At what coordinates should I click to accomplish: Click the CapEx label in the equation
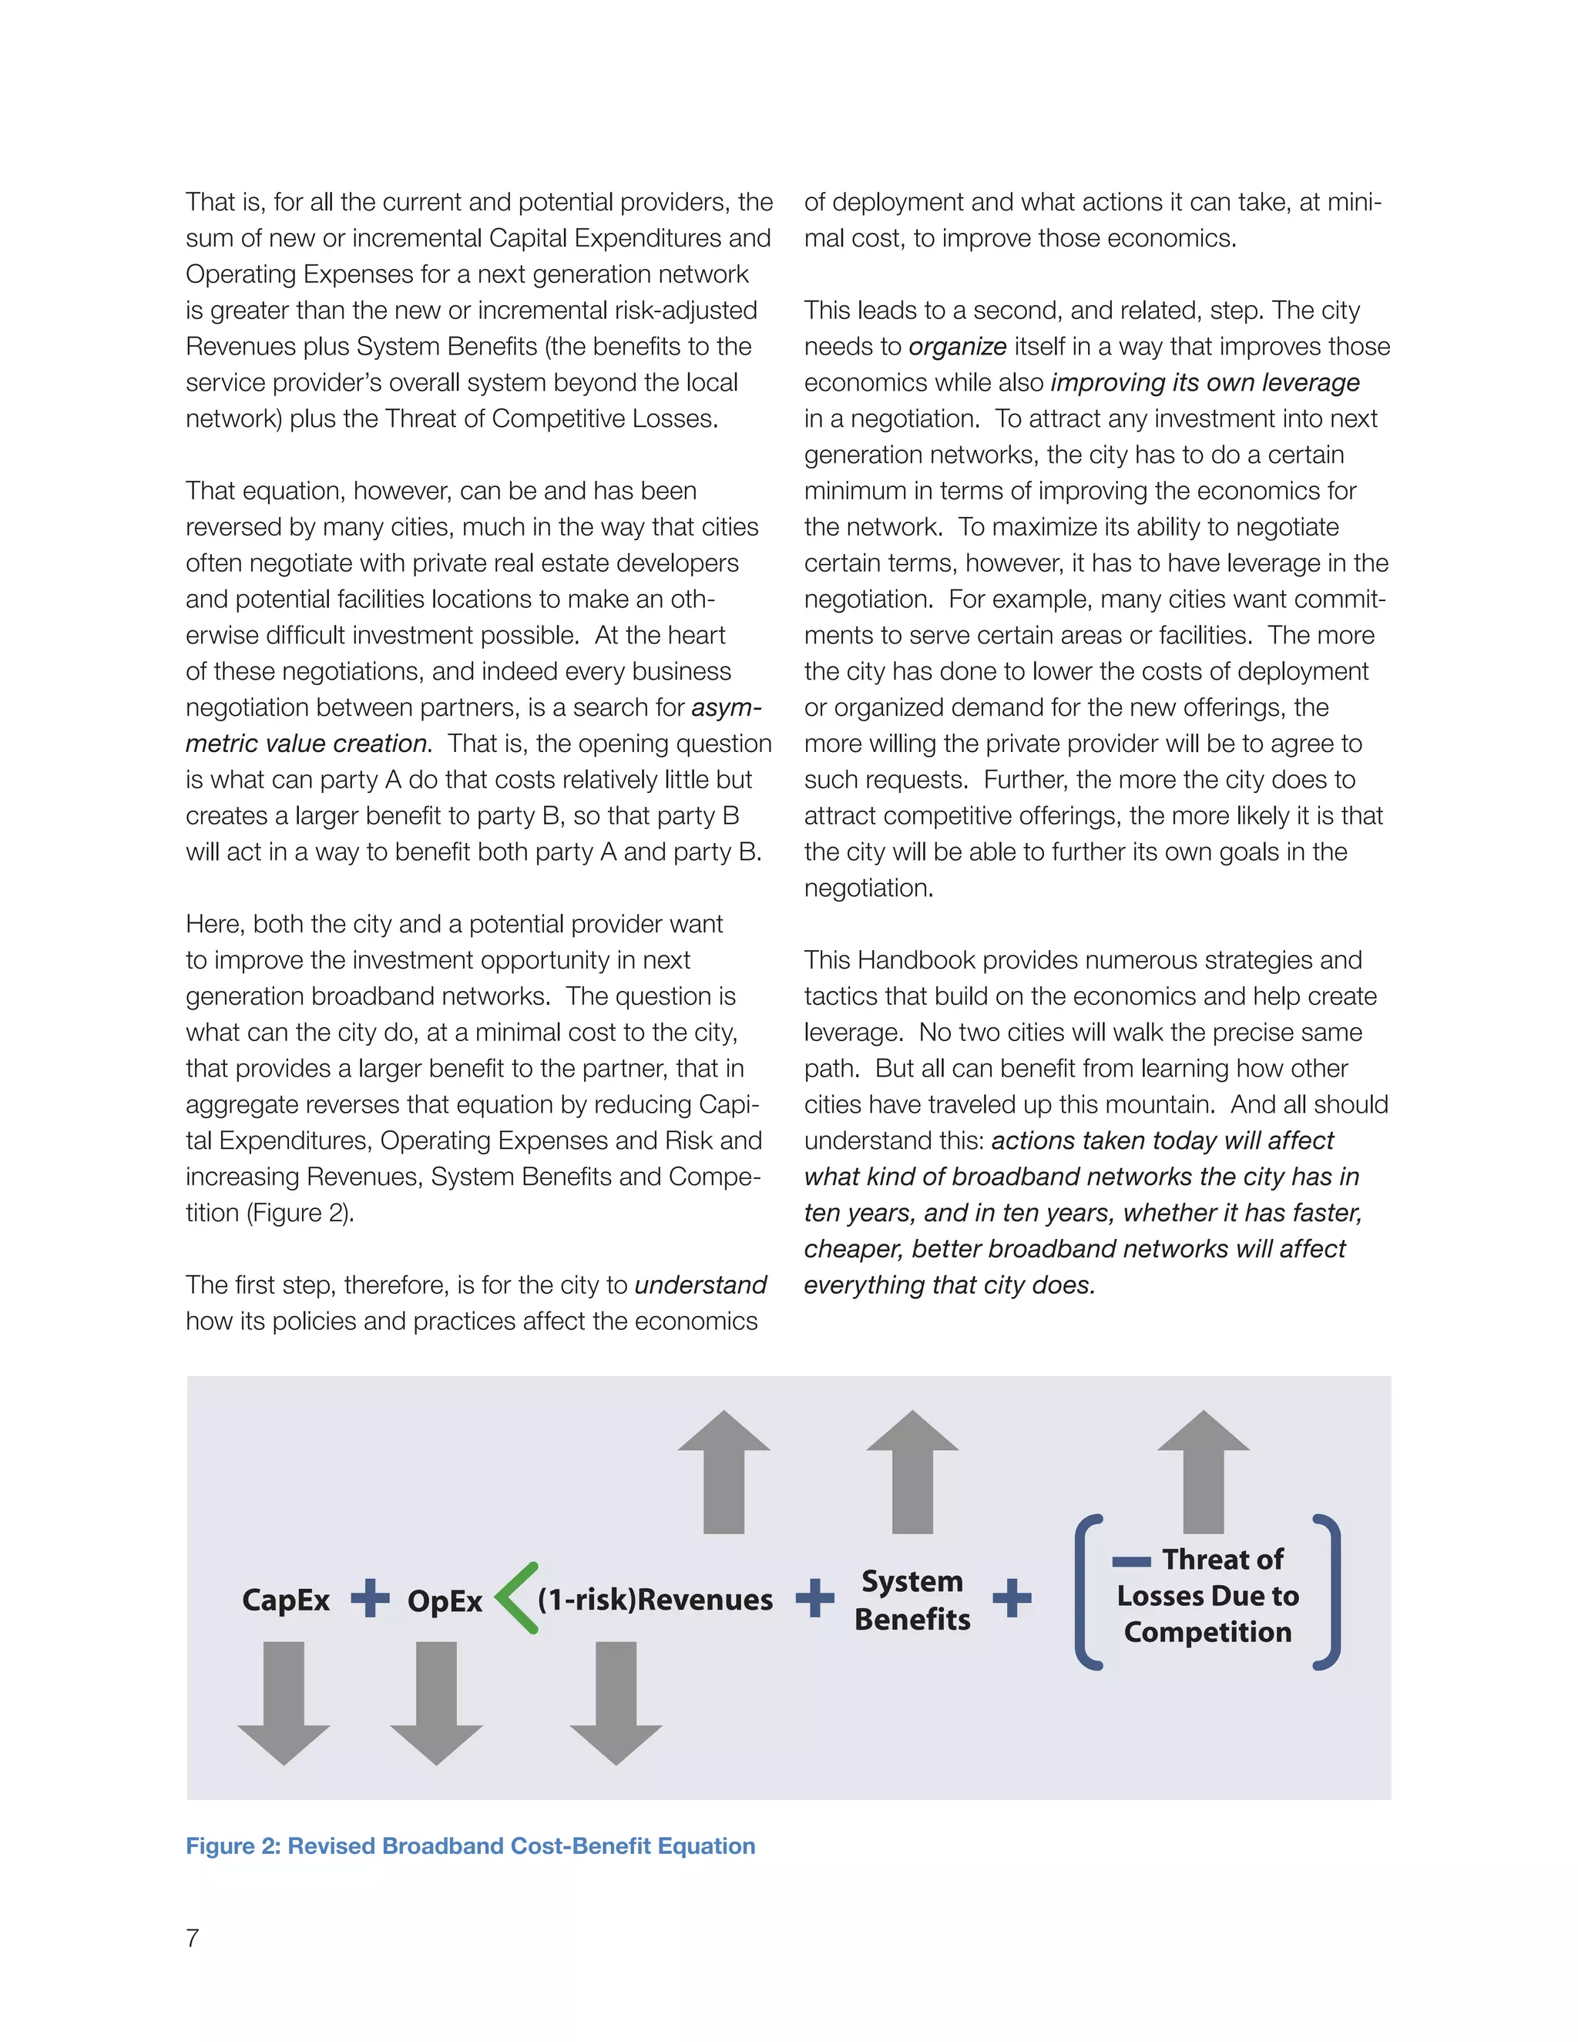pos(285,1600)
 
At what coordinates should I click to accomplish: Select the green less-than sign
pos(516,1598)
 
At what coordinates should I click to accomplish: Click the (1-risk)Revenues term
pos(656,1599)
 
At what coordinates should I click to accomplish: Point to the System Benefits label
pos(912,1600)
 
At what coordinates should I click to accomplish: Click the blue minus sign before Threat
pos(1131,1561)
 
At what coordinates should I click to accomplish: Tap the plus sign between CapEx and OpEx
pos(370,1598)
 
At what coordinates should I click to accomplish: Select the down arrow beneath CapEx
pos(284,1701)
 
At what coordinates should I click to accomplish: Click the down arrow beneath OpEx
pos(437,1701)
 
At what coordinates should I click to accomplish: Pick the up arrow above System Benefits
pos(912,1473)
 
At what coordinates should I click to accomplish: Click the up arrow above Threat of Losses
pos(1203,1473)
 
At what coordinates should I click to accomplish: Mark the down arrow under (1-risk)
pos(616,1701)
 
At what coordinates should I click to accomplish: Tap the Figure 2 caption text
pos(470,1846)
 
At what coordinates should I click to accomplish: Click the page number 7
pos(193,1938)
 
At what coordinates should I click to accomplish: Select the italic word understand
pos(700,1285)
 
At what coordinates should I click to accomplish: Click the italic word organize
pos(957,347)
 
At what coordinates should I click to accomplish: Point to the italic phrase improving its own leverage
pos(1205,382)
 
